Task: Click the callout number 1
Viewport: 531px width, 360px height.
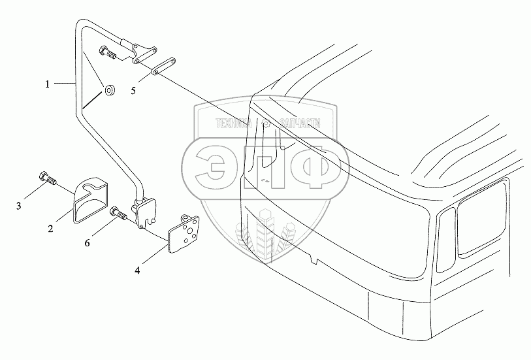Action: coord(47,84)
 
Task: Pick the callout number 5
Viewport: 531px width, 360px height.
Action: coord(133,91)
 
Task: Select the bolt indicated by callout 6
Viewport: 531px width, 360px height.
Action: coord(118,212)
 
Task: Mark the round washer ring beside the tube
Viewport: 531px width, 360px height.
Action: coord(108,90)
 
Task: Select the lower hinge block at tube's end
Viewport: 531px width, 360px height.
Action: coord(144,212)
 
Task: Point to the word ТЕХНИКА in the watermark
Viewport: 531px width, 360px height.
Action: coord(232,122)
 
